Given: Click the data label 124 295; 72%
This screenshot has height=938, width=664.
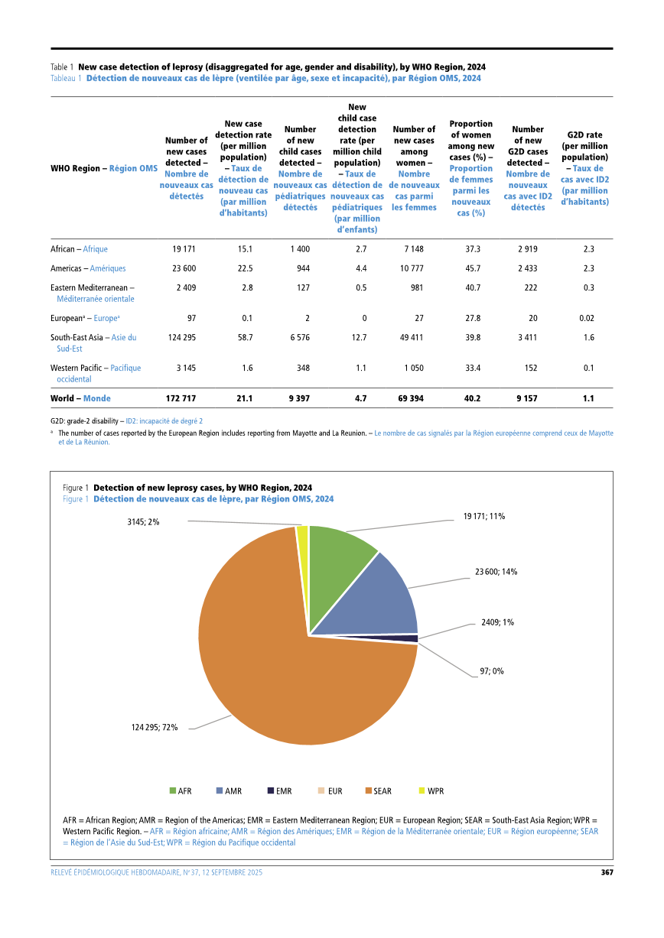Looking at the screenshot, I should pyautogui.click(x=155, y=728).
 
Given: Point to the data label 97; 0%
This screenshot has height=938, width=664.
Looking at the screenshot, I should pyautogui.click(x=492, y=671).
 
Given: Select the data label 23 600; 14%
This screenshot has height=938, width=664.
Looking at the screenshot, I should pyautogui.click(x=496, y=571).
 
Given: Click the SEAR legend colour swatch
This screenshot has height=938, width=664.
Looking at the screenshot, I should pyautogui.click(x=368, y=790).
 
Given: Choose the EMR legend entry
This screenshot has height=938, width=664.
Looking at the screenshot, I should pyautogui.click(x=278, y=790).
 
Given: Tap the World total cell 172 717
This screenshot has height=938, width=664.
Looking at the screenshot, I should pyautogui.click(x=181, y=398).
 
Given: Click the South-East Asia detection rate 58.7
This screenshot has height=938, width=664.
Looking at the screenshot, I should pyautogui.click(x=245, y=337).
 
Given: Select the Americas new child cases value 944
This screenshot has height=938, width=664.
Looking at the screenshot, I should pyautogui.click(x=302, y=268).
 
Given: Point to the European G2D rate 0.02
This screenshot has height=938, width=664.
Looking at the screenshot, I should pyautogui.click(x=587, y=318).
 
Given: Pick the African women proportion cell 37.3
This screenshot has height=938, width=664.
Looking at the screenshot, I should pyautogui.click(x=473, y=249).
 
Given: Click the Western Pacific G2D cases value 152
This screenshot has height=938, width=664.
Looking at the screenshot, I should pyautogui.click(x=529, y=368).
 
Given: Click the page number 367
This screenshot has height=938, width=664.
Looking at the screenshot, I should pyautogui.click(x=606, y=872).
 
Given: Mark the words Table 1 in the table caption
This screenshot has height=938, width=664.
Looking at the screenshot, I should pyautogui.click(x=62, y=67).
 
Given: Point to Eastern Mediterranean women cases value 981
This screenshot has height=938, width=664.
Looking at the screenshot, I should pyautogui.click(x=415, y=287).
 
